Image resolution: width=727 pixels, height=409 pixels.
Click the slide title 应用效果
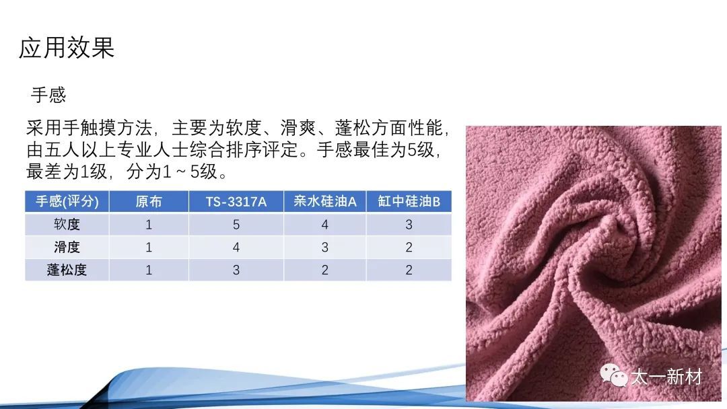coord(67,48)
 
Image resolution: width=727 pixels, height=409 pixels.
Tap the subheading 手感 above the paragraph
coord(48,95)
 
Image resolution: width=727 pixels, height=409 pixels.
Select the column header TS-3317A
coord(236,202)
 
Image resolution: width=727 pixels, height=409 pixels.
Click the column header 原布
coord(149,202)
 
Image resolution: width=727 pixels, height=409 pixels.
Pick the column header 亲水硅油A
coord(324,202)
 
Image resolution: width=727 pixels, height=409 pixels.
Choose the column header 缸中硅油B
coord(409,202)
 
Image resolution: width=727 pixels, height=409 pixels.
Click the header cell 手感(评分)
coord(67,202)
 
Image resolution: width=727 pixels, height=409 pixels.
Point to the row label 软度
coord(67,224)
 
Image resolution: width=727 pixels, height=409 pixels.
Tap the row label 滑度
coord(67,247)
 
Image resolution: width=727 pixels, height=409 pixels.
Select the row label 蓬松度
coord(67,270)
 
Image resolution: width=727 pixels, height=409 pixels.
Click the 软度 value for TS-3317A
coord(236,225)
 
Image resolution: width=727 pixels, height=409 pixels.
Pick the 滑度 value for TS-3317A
coord(236,248)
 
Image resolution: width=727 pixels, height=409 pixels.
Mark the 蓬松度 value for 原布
coord(149,270)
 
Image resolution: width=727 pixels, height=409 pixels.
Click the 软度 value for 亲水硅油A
coord(324,225)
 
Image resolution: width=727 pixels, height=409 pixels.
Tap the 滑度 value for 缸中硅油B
coord(409,248)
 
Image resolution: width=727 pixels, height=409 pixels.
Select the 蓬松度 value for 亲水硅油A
coord(324,270)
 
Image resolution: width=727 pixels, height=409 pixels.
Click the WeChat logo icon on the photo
coord(614,375)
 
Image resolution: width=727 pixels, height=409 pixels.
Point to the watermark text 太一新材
coord(666,377)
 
